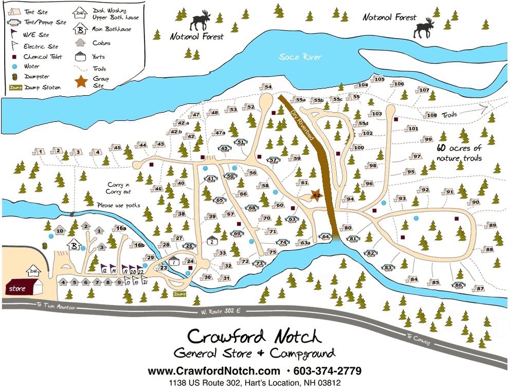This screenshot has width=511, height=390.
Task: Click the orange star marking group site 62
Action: (x=316, y=195)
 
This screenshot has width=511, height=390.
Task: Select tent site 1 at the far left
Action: (x=39, y=151)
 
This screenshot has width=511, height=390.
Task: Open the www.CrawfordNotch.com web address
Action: (x=214, y=371)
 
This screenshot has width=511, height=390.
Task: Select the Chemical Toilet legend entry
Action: (x=39, y=57)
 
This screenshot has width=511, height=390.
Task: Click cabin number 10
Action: (x=60, y=232)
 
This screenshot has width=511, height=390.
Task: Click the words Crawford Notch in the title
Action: (x=254, y=336)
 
